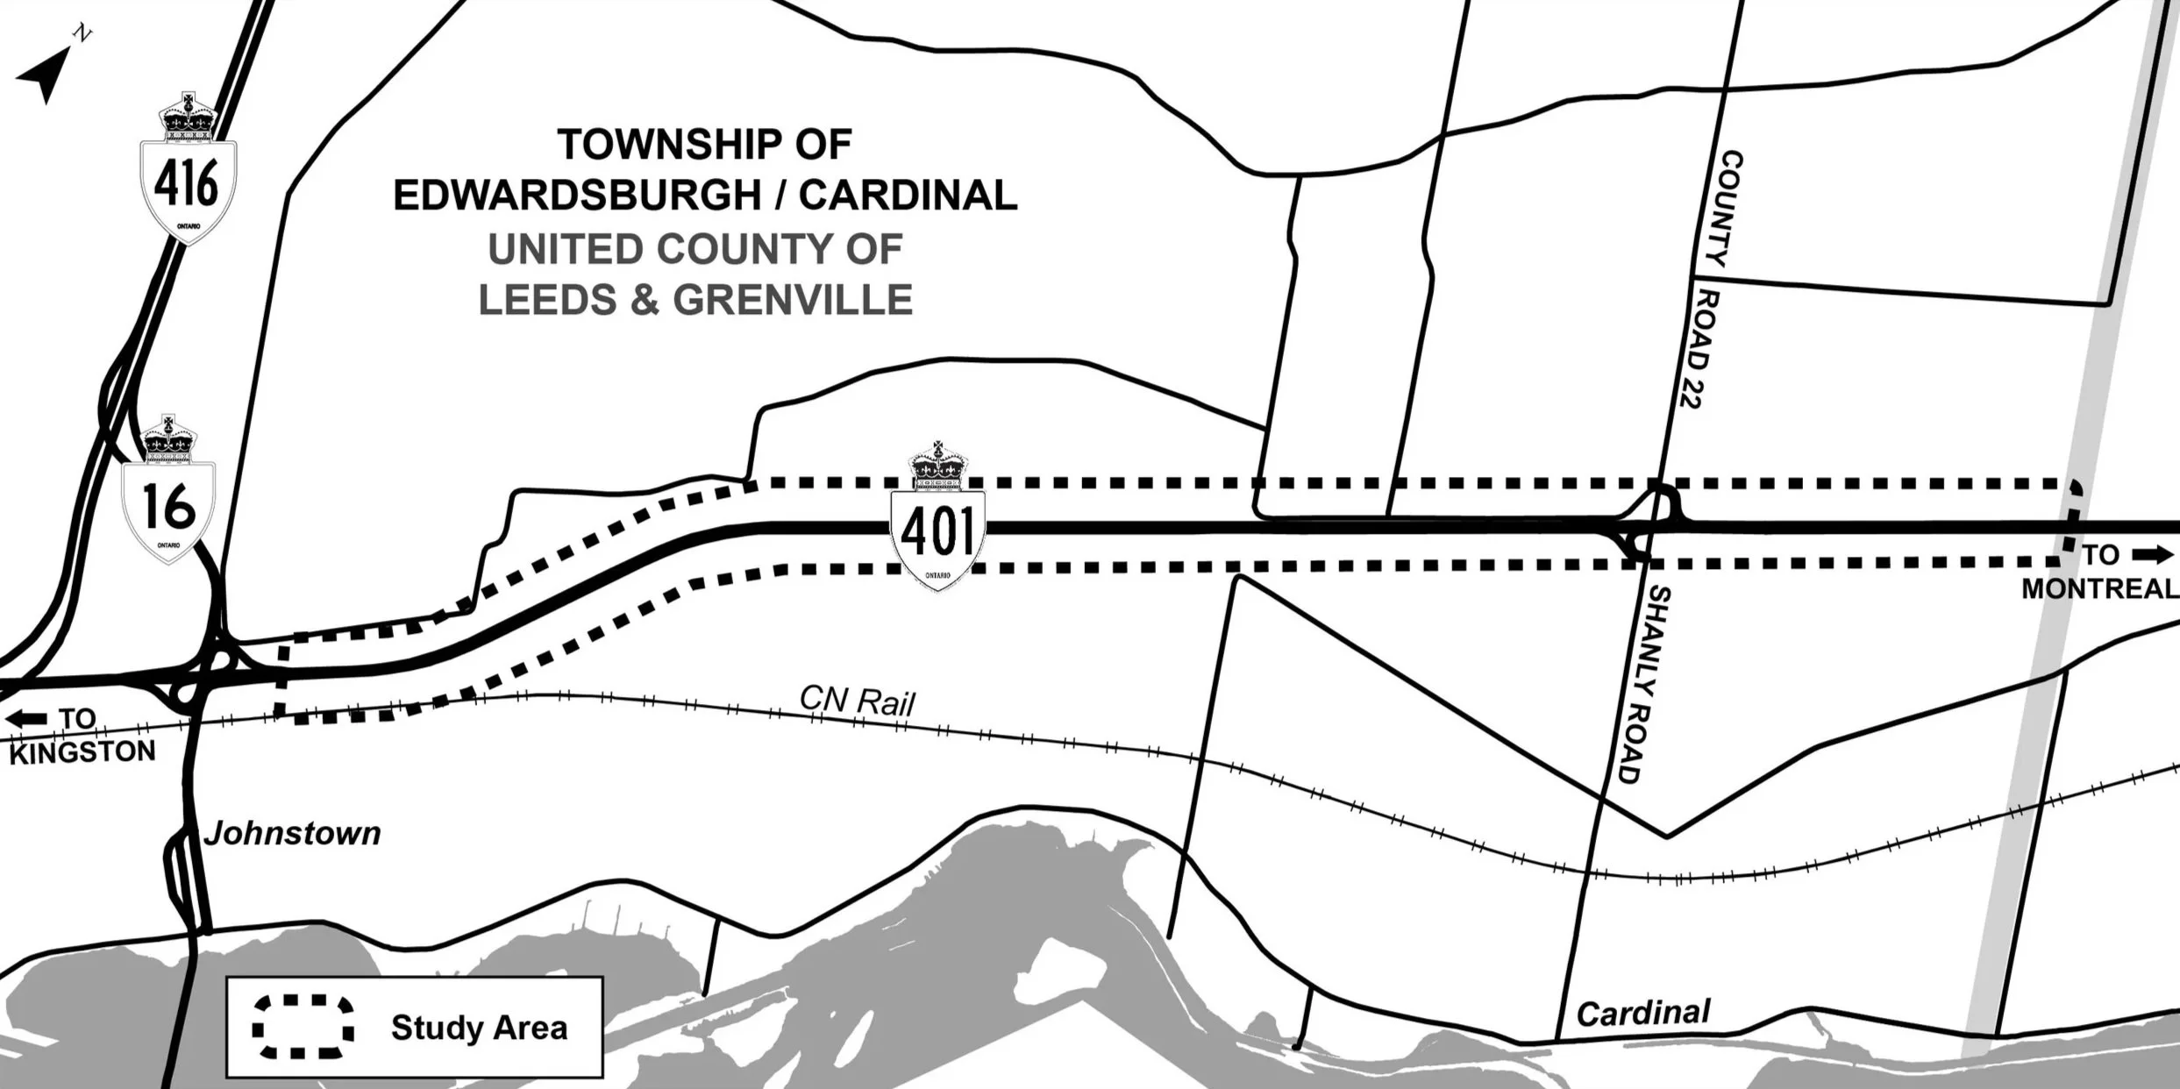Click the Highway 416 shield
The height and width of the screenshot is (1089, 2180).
click(188, 171)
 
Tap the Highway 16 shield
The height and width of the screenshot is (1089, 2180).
click(168, 495)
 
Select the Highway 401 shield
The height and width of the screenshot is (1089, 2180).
click(938, 522)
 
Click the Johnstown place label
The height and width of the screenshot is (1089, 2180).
click(293, 833)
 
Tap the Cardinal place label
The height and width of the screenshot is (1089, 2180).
click(1642, 1014)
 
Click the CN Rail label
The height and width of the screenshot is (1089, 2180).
click(857, 701)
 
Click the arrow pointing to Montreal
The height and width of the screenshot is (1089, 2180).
click(2152, 555)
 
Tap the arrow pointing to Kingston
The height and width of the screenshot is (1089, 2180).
click(27, 719)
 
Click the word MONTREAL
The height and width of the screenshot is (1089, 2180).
click(2099, 588)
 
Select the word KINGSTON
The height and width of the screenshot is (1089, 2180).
click(82, 752)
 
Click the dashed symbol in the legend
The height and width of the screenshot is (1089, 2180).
click(303, 1027)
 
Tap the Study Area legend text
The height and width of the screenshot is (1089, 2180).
click(479, 1028)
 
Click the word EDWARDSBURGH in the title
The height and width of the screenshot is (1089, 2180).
click(576, 196)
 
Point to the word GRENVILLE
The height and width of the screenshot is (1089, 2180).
click(793, 300)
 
